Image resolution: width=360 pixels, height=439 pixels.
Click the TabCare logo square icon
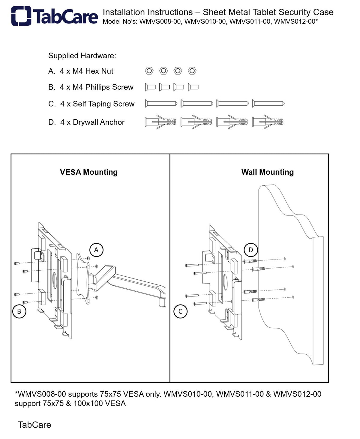click(21, 16)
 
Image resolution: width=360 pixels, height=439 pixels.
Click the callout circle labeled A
click(96, 250)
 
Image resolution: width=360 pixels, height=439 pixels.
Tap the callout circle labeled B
click(19, 311)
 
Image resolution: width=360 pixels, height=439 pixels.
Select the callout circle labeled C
click(180, 311)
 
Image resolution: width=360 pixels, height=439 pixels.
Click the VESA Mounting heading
click(88, 172)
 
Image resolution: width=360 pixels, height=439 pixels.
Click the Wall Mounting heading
click(267, 172)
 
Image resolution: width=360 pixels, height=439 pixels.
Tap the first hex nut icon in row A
click(149, 71)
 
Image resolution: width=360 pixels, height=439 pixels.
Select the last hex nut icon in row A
click(192, 71)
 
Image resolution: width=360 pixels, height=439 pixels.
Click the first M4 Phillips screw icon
click(150, 87)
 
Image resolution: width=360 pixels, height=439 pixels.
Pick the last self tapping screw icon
click(268, 103)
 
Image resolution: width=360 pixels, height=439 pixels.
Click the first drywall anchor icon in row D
click(160, 122)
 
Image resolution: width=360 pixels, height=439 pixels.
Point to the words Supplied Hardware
click(82, 56)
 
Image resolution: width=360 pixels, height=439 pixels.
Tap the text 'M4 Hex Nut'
click(93, 71)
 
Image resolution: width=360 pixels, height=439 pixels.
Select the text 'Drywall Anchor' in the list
click(98, 122)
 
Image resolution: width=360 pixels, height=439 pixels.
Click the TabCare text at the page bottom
click(34, 425)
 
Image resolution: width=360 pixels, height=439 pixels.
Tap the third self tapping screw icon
click(232, 103)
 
